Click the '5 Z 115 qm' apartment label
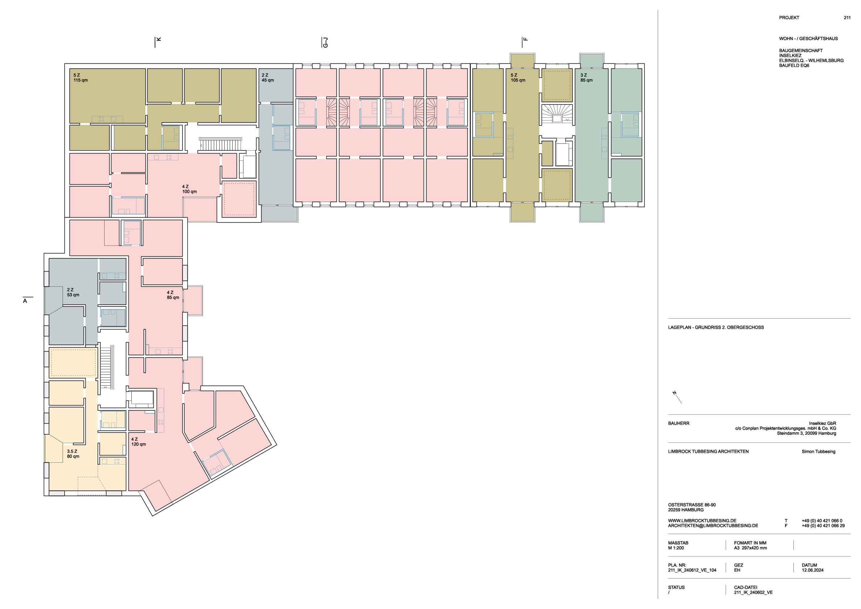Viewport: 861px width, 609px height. [x=81, y=78]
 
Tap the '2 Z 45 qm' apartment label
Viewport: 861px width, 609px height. [x=268, y=78]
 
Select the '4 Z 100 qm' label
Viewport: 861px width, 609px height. [x=189, y=189]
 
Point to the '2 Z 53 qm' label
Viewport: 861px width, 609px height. [x=73, y=292]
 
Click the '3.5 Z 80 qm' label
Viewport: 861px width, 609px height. [x=73, y=454]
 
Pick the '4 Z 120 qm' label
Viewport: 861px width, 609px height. [x=138, y=442]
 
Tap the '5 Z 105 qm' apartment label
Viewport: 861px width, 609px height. [x=518, y=78]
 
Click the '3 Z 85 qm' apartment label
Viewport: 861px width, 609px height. [x=586, y=78]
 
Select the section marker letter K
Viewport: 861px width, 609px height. [x=158, y=39]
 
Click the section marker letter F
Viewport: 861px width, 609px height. [x=525, y=39]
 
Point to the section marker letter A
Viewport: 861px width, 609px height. [x=25, y=301]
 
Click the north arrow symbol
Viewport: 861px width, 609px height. [x=677, y=397]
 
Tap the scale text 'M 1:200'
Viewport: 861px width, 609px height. [x=676, y=548]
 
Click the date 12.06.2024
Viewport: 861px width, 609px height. [x=813, y=570]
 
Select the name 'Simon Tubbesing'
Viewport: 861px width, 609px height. [x=819, y=451]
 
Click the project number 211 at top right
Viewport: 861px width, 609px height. [x=847, y=18]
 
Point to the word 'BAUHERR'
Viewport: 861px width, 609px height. [x=679, y=423]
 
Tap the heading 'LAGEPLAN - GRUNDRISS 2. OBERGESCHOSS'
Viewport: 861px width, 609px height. [x=716, y=327]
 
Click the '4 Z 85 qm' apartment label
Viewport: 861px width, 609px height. [x=173, y=295]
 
